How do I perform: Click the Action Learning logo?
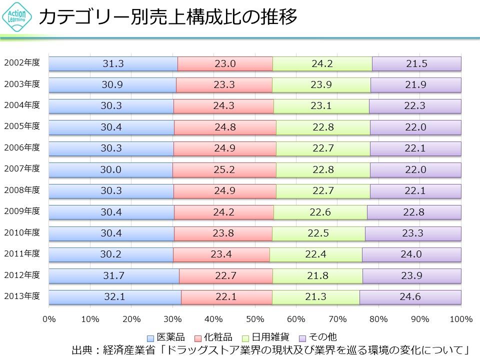click(17, 18)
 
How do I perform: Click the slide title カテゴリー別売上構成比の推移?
click(168, 17)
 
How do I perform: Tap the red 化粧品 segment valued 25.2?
click(224, 169)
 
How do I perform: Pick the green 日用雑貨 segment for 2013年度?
click(315, 297)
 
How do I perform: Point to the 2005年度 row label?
click(22, 126)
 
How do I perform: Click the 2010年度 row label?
click(22, 232)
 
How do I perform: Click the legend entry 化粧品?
click(215, 337)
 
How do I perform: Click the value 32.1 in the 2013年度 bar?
click(114, 297)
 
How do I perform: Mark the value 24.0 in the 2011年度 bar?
click(411, 254)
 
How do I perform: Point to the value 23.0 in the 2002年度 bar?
click(225, 63)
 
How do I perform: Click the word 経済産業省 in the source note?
click(130, 349)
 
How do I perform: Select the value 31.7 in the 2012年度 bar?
click(113, 275)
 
